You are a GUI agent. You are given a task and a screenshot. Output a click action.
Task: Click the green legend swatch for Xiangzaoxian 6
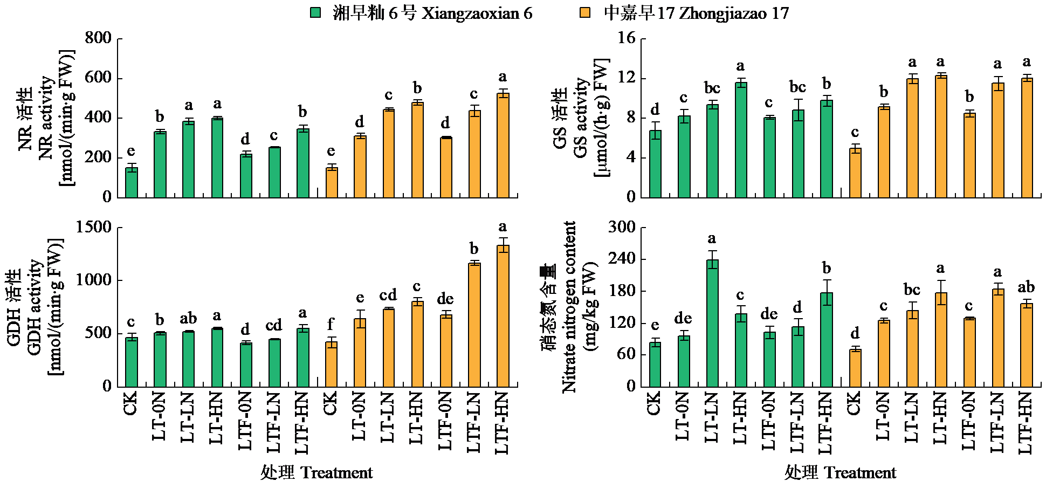(x=315, y=13)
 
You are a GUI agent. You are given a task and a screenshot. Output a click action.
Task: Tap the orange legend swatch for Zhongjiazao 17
(x=584, y=13)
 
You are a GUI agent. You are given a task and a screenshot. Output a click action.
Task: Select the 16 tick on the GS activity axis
(x=627, y=38)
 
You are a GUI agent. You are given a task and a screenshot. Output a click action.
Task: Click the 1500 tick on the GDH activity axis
(x=94, y=227)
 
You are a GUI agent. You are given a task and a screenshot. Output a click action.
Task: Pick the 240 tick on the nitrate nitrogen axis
(x=621, y=259)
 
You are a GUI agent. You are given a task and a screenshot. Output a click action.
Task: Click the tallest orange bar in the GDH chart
(x=503, y=315)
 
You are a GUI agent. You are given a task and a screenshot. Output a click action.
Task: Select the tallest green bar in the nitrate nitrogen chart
(x=712, y=322)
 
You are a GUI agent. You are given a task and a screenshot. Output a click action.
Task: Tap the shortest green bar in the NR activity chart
(x=132, y=182)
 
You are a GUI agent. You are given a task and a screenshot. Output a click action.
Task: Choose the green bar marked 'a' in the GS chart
(x=741, y=139)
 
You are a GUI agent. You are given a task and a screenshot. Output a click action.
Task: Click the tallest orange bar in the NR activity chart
(x=503, y=145)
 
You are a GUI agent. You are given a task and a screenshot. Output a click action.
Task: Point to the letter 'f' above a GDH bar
(x=331, y=324)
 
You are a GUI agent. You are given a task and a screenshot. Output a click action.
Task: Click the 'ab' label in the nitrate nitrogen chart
(x=1026, y=287)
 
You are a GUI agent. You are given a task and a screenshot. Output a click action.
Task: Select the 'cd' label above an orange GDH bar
(x=388, y=295)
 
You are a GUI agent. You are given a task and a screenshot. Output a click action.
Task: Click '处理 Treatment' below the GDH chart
(x=316, y=473)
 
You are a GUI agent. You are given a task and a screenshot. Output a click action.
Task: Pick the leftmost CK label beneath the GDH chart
(x=131, y=403)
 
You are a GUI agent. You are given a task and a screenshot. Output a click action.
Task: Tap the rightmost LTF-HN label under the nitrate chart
(x=1026, y=423)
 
